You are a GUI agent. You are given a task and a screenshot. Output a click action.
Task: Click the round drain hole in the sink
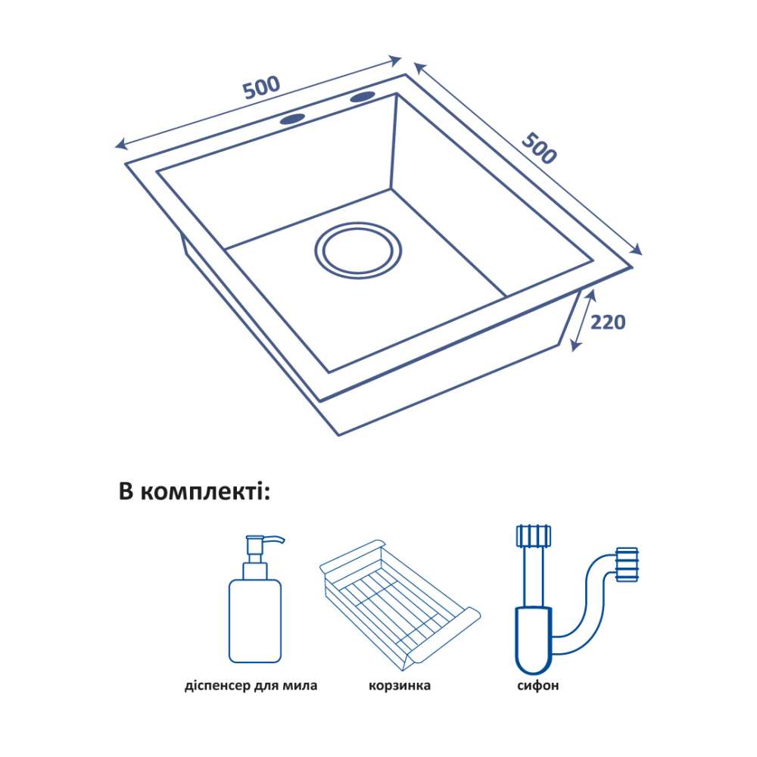[358, 248]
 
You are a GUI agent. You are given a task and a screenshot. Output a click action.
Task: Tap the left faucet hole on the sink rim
[292, 118]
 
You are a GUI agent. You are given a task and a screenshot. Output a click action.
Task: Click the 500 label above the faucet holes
[261, 87]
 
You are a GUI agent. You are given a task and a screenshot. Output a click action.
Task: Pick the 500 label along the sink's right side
[540, 148]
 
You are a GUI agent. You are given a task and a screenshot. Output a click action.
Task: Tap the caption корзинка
[400, 687]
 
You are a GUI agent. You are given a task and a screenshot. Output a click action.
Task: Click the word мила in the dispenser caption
[301, 687]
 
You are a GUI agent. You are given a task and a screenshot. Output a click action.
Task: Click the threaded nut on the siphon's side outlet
[628, 565]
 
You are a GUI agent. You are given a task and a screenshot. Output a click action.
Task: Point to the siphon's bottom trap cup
[532, 640]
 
